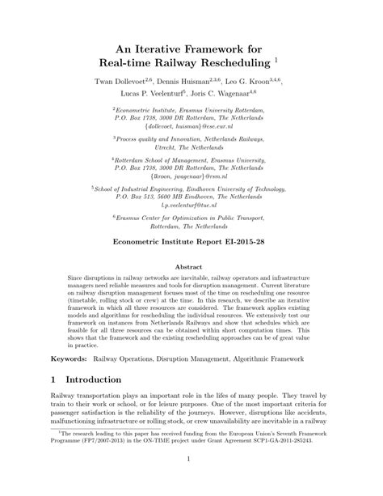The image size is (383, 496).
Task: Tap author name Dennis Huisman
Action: [x=191, y=83]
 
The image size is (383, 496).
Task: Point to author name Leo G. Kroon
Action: [x=258, y=83]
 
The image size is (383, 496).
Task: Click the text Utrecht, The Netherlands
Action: [x=191, y=149]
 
